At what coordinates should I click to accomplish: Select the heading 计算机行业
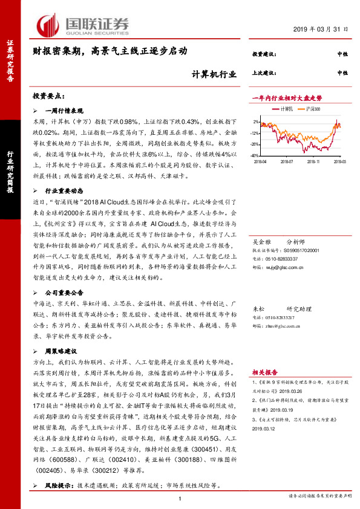[x=210, y=74]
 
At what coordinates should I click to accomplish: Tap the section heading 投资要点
[x=48, y=97]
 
